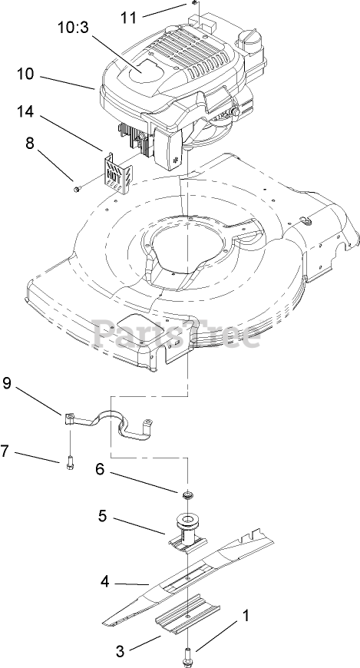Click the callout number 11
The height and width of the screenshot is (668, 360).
click(x=129, y=18)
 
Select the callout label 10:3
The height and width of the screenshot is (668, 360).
click(x=73, y=28)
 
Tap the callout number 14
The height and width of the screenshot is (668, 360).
click(x=25, y=111)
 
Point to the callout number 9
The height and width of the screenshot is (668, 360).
click(x=7, y=383)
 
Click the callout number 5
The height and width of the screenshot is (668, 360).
click(x=102, y=516)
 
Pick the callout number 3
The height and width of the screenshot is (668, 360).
click(x=121, y=651)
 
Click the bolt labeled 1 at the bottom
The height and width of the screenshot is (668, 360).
click(x=187, y=654)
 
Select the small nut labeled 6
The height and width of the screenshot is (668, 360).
click(x=187, y=495)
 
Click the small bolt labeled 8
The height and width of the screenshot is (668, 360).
click(x=77, y=188)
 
